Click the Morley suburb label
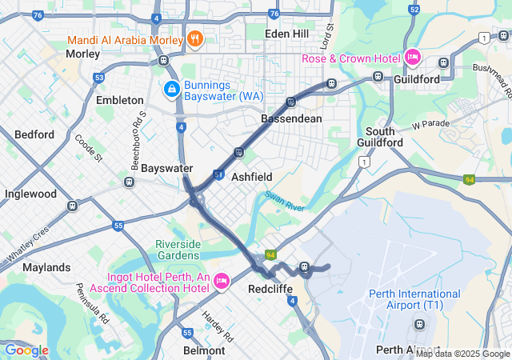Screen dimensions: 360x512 click(82, 54)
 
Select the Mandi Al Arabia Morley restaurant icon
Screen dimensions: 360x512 click(194, 38)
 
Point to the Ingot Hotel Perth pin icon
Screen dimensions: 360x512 click(222, 279)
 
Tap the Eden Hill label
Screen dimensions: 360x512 click(288, 34)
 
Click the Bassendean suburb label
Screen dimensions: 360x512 click(291, 118)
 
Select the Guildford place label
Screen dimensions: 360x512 click(417, 80)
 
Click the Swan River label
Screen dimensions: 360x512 click(285, 201)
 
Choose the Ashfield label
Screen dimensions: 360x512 click(252, 177)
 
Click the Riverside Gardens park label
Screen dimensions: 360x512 click(182, 250)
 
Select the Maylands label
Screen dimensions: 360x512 click(46, 267)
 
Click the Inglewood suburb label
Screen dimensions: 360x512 click(30, 194)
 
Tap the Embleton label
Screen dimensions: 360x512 click(119, 101)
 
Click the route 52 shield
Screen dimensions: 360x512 click(413, 10)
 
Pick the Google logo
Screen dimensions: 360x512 click(26, 350)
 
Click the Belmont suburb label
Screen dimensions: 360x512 click(204, 350)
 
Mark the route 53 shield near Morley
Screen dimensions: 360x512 click(98, 78)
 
